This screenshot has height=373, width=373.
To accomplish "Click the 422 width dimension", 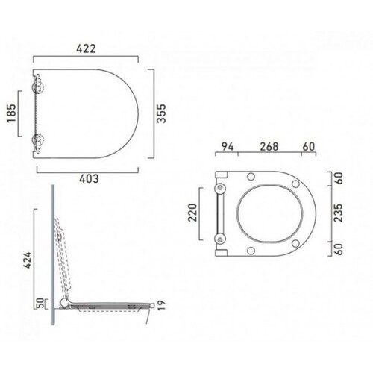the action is (86, 48).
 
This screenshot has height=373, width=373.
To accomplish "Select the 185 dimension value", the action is (11, 113).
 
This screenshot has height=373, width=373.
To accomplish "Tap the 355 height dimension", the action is (161, 113).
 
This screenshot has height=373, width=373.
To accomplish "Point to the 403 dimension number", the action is (89, 178).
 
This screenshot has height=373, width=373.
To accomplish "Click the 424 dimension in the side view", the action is (28, 260).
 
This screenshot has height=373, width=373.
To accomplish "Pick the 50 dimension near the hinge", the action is (40, 304).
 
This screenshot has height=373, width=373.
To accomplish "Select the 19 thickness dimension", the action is (161, 305).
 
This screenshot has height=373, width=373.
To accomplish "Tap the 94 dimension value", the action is (228, 147).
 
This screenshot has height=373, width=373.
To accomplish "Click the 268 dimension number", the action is (269, 147).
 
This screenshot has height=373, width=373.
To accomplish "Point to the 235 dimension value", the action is (339, 213).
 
